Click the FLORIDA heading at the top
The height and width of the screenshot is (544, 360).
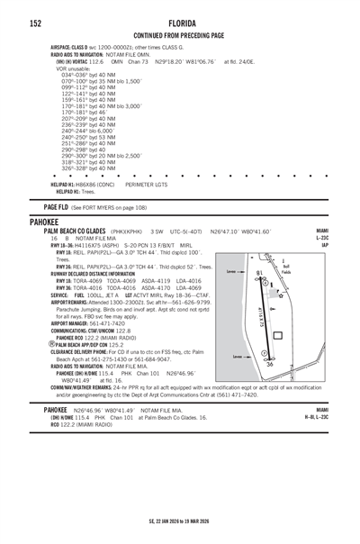(179, 22)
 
